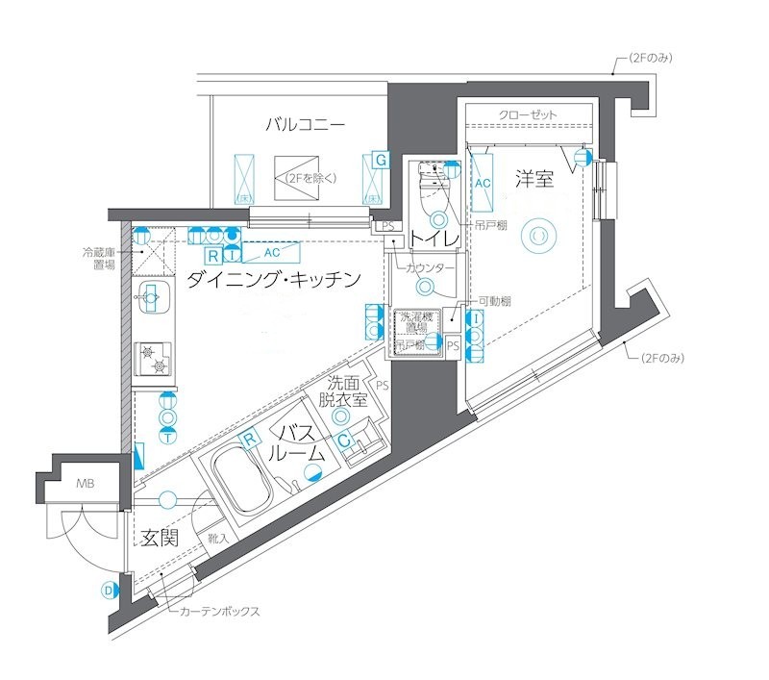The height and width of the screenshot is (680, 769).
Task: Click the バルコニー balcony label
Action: [306, 124]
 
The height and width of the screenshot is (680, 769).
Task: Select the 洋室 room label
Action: [534, 178]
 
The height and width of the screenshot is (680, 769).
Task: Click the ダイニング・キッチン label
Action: [274, 280]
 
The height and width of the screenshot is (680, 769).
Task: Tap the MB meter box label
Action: [86, 485]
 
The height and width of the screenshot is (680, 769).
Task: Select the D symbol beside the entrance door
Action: [108, 591]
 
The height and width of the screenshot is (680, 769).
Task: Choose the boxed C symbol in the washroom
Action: [343, 441]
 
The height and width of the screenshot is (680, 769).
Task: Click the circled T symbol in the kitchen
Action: [167, 436]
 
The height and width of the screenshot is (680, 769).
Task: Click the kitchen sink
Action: [152, 298]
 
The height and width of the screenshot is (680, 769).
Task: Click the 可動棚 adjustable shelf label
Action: [495, 301]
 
